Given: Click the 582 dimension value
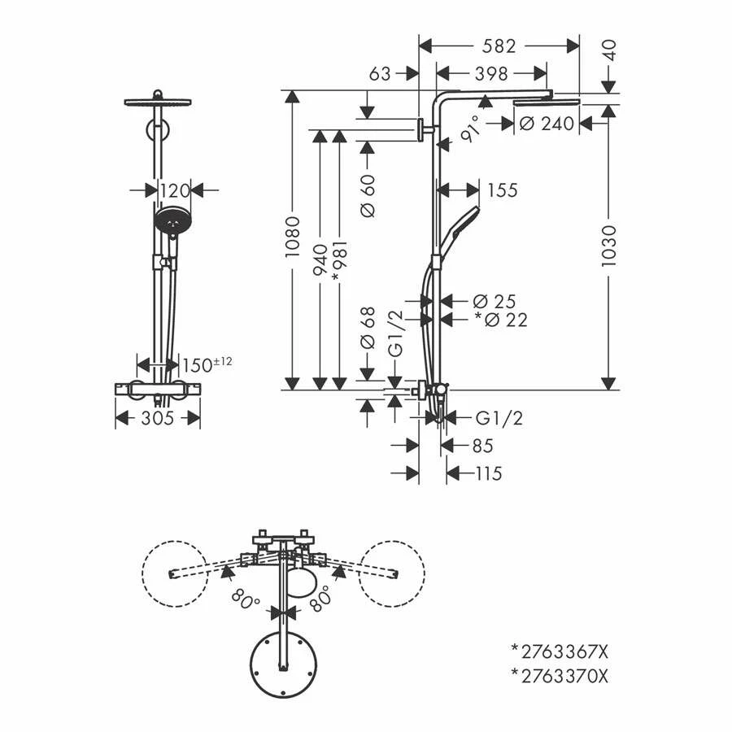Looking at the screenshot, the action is [x=499, y=46].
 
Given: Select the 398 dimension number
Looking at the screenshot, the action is [x=491, y=74].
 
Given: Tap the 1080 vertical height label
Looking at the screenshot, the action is [x=292, y=237].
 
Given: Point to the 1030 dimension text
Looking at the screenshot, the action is [x=608, y=246].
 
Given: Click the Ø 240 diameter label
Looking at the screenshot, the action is [x=547, y=124].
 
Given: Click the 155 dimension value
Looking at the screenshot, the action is [x=503, y=190].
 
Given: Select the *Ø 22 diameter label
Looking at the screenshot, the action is [x=501, y=320].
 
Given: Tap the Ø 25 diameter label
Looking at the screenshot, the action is [x=495, y=302].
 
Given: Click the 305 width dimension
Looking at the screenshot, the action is [x=157, y=418].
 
